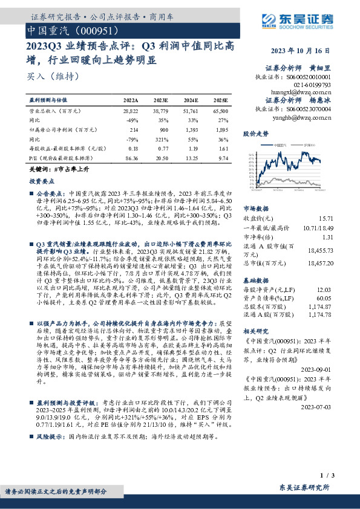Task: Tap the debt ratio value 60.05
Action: point(325,298)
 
